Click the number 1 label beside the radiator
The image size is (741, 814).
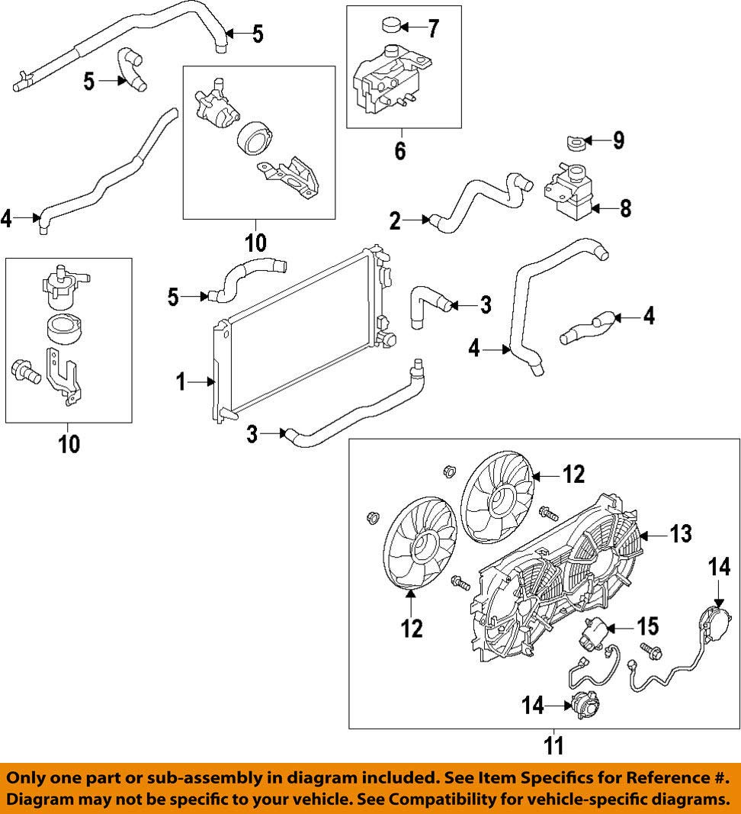tap(181, 382)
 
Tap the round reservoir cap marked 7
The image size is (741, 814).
tap(389, 27)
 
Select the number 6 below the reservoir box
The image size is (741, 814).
tap(401, 150)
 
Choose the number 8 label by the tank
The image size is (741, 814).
tap(625, 208)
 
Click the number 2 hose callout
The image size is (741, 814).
tap(395, 222)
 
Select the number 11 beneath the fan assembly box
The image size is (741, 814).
tap(554, 745)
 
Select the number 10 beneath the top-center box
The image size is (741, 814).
tap(255, 243)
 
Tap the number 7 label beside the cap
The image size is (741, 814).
tap(432, 29)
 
